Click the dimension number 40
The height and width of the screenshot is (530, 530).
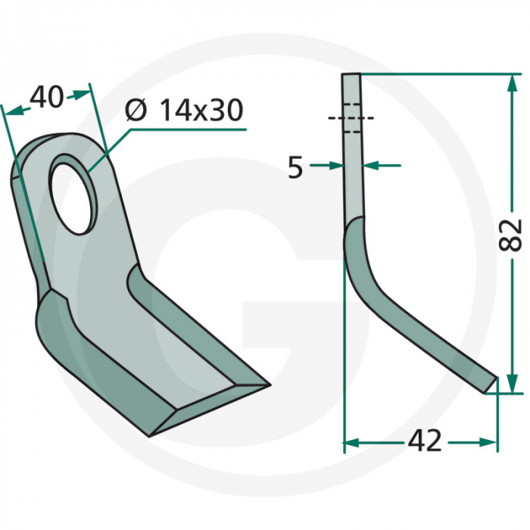coord(46,99)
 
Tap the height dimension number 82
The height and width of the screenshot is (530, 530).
coord(512,235)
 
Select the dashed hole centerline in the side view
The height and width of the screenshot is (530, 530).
coord(351,118)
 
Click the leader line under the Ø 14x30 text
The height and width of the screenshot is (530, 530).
coord(189,129)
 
